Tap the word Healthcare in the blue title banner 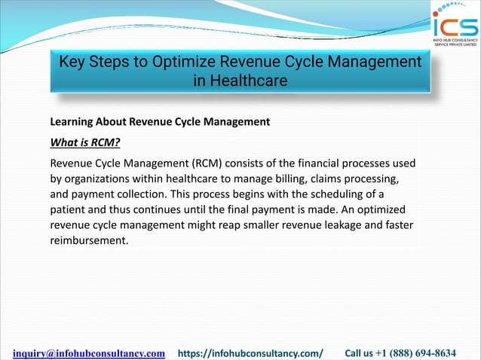coord(240,81)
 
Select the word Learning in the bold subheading coord(74,121)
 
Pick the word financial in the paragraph coord(327,163)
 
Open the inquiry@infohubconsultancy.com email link coord(89,352)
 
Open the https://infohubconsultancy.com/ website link coord(250,352)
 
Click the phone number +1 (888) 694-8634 coord(423,352)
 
